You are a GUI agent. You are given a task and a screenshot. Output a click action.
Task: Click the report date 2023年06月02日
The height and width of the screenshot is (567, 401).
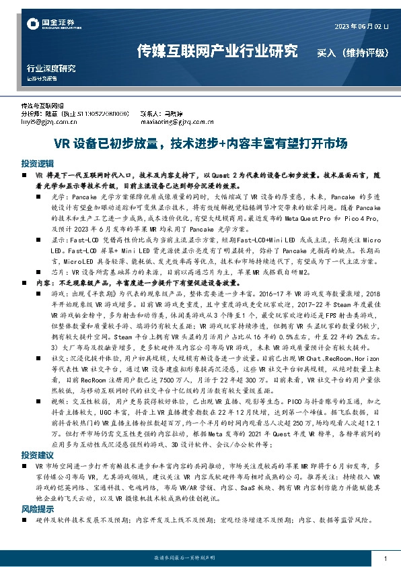(361, 26)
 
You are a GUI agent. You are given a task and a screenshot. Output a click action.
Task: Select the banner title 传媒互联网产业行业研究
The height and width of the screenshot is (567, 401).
(216, 51)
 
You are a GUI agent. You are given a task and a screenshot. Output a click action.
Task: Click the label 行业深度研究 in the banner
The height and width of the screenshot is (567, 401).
(51, 69)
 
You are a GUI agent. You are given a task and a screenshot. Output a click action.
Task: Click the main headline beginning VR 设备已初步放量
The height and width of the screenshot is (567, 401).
(200, 143)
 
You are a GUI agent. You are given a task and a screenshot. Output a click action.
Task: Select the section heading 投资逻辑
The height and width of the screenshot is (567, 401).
(37, 164)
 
